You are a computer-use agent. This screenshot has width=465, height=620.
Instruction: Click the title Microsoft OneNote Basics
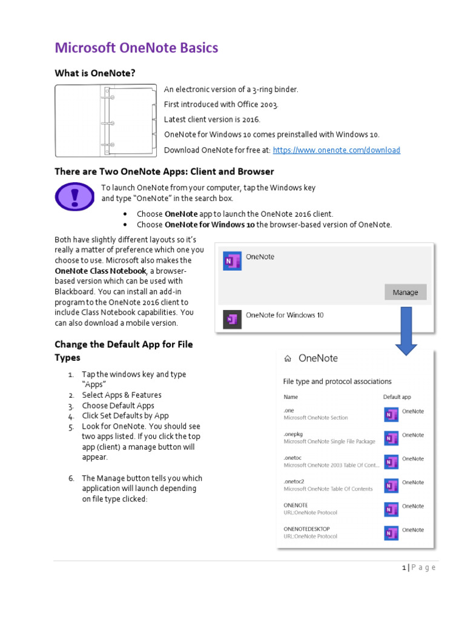click(136, 48)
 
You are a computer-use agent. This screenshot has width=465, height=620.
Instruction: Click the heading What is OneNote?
click(95, 73)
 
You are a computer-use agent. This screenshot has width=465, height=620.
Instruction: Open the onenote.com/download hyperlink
click(336, 150)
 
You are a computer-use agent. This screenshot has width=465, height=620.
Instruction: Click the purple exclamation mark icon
click(74, 196)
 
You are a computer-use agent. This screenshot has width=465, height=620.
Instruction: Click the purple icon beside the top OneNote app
click(232, 260)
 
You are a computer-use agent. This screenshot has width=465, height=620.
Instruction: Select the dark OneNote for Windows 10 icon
click(232, 318)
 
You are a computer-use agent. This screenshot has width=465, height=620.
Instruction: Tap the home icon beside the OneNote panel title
click(288, 358)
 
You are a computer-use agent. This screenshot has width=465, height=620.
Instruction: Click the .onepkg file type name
click(294, 434)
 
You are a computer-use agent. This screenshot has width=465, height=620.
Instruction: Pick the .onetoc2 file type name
click(295, 481)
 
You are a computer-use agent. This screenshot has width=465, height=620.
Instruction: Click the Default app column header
click(397, 397)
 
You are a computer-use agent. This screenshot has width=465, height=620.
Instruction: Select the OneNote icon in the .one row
click(392, 414)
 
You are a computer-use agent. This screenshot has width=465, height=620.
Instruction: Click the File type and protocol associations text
click(337, 381)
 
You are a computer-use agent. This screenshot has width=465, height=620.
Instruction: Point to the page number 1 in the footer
click(404, 567)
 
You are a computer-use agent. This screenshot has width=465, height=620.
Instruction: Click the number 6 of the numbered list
click(71, 478)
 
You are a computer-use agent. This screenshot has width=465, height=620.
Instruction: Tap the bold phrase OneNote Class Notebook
click(101, 271)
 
